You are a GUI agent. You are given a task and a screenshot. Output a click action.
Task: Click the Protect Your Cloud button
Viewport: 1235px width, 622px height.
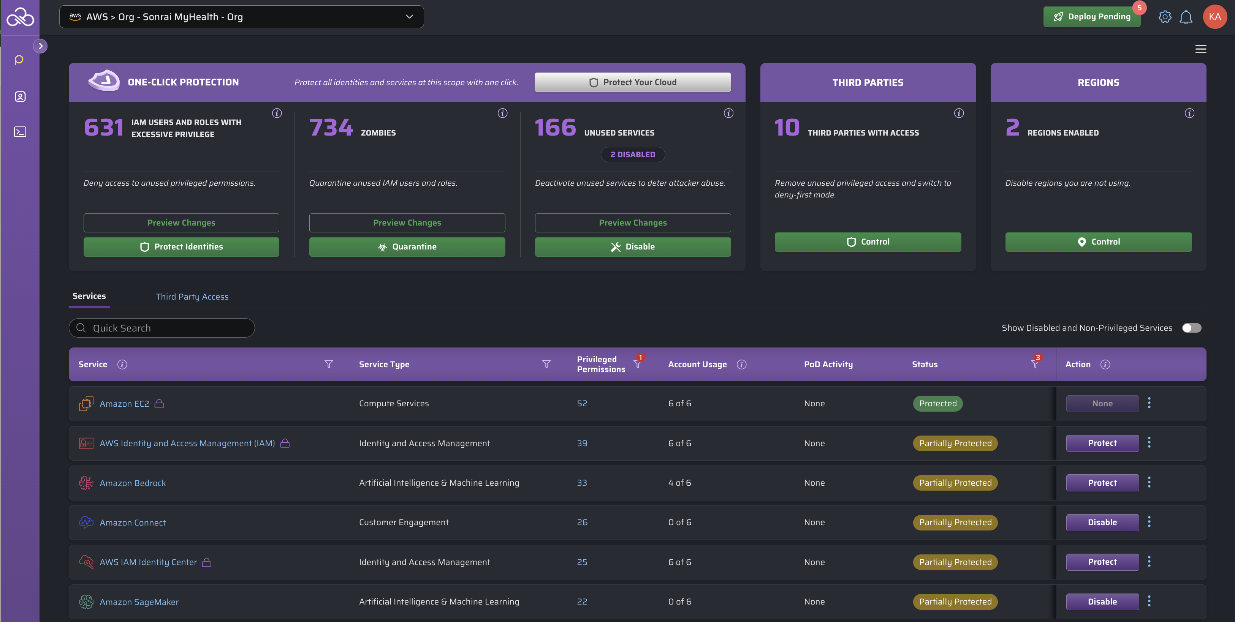pos(632,82)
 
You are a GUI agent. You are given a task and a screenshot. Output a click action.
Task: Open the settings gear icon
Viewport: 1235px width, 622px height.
pos(1165,17)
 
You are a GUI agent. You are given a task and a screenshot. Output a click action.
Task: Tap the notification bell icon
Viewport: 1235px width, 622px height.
pos(1186,17)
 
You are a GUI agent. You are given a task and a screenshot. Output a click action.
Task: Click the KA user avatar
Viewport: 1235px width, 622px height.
pos(1214,17)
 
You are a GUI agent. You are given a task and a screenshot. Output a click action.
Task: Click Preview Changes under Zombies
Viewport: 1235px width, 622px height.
pos(407,223)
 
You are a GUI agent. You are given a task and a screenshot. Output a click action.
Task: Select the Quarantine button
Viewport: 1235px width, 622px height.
pos(407,247)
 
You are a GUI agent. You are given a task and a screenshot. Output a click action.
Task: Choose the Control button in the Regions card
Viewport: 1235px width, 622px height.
pos(1098,242)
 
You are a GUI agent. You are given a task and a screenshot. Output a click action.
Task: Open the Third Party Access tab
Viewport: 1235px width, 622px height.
pos(192,297)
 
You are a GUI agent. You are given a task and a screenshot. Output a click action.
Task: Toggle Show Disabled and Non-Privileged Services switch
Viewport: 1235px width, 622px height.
pos(1191,328)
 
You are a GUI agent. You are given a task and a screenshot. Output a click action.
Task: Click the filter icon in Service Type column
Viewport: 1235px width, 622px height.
pos(546,364)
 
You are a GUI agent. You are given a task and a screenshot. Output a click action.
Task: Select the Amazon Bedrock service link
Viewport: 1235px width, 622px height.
pos(132,483)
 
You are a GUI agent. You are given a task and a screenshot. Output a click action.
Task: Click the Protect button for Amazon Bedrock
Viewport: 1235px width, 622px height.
pos(1102,483)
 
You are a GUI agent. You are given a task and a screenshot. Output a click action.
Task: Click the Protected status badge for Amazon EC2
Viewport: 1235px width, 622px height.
pos(937,404)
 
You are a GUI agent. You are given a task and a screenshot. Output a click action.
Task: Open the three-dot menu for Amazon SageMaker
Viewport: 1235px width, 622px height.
pos(1149,601)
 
